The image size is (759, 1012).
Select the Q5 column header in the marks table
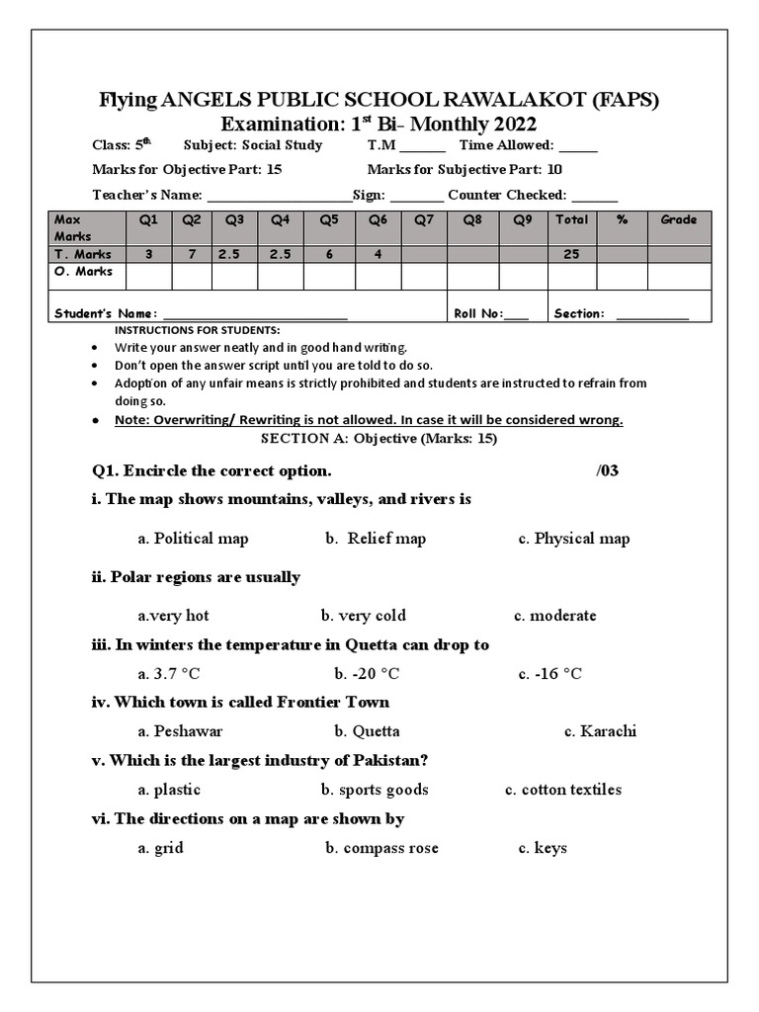(x=329, y=220)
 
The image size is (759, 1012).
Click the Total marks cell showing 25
(x=571, y=254)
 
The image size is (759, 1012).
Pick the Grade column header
(x=678, y=220)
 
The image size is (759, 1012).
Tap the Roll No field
(x=516, y=314)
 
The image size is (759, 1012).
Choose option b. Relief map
(x=376, y=539)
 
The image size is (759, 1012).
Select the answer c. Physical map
(x=573, y=539)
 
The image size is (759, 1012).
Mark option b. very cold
(x=363, y=616)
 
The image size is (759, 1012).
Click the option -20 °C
(x=367, y=674)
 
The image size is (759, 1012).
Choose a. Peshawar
(x=180, y=731)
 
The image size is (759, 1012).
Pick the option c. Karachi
(x=600, y=731)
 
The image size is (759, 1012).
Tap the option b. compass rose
(x=381, y=848)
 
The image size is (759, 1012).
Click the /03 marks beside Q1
(x=607, y=470)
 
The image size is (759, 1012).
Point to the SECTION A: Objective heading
(x=379, y=439)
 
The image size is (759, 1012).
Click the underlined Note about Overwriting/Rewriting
(x=369, y=420)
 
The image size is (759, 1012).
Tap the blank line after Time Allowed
(x=579, y=146)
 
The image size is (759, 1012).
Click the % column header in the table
(x=622, y=220)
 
